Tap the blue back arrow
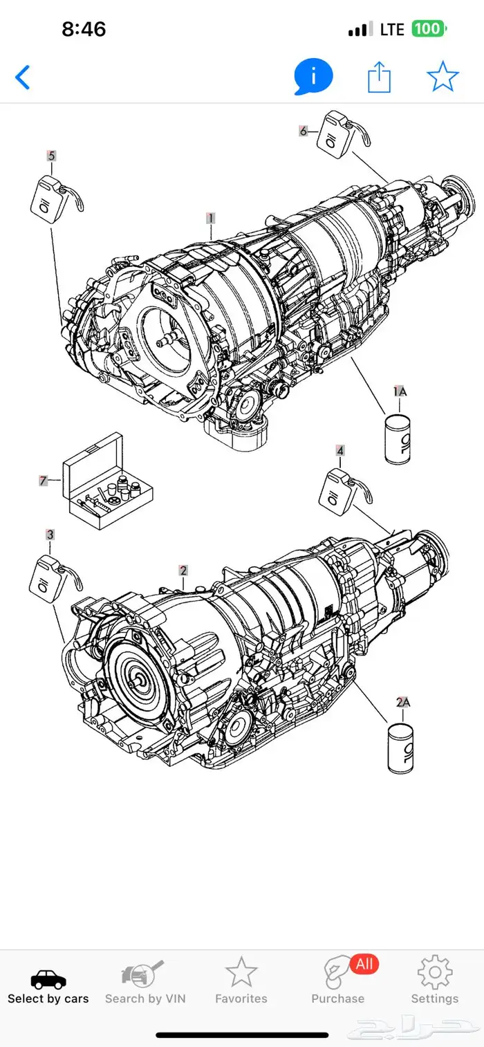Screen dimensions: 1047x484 click(x=23, y=77)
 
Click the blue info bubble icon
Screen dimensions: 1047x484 click(x=313, y=77)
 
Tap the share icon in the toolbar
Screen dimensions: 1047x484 click(x=379, y=77)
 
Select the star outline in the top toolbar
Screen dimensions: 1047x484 click(x=443, y=77)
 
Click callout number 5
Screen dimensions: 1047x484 click(x=50, y=156)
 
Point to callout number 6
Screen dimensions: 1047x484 click(x=303, y=130)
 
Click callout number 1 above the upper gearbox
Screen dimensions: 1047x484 click(x=210, y=218)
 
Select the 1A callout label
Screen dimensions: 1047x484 click(x=400, y=391)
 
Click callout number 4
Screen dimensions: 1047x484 click(x=339, y=451)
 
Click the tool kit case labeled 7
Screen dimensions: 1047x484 click(x=107, y=482)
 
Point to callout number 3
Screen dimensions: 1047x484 click(x=50, y=535)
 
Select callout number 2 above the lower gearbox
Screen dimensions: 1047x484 click(x=183, y=571)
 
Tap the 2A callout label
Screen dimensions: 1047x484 click(x=403, y=703)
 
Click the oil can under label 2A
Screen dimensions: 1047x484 click(x=401, y=748)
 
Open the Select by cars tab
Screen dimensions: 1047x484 click(x=48, y=987)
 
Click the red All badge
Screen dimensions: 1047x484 click(x=364, y=963)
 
